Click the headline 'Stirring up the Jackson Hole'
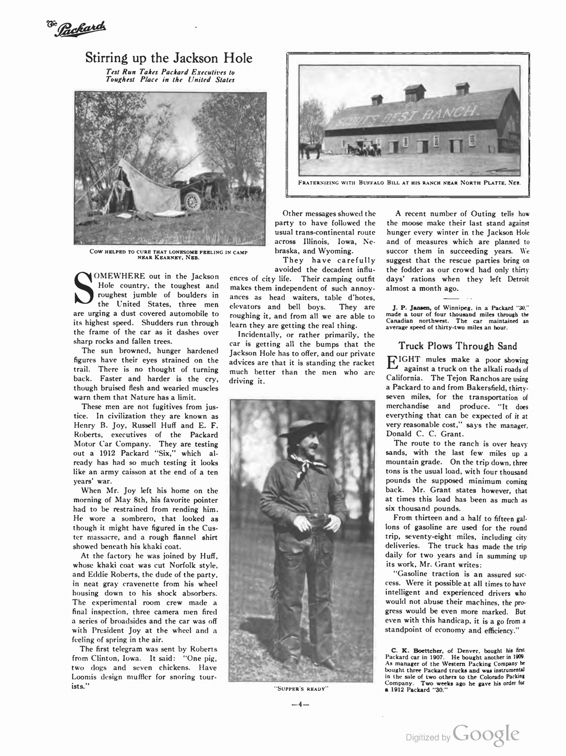pyautogui.click(x=169, y=58)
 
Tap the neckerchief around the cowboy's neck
pyautogui.click(x=307, y=465)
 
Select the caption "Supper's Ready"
pyautogui.click(x=301, y=688)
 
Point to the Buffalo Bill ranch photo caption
pyautogui.click(x=409, y=182)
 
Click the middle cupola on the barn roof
pyautogui.click(x=415, y=92)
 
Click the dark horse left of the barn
pyautogui.click(x=310, y=149)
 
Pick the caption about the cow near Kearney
pyautogui.click(x=169, y=254)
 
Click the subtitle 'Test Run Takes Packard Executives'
pyautogui.click(x=170, y=72)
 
